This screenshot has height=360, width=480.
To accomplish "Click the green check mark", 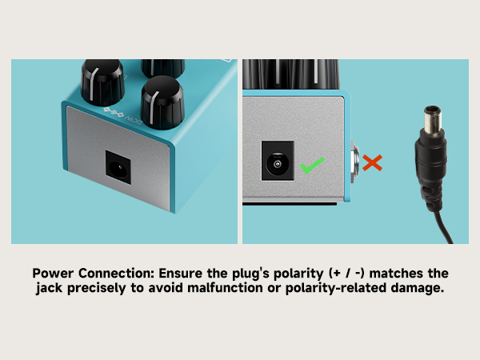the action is click(312, 166).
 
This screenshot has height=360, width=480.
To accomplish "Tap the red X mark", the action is click(372, 162).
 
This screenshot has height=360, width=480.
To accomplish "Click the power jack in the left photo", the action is click(118, 167).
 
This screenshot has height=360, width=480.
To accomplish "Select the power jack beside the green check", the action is click(278, 161).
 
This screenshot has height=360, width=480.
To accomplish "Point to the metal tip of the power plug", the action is click(433, 120).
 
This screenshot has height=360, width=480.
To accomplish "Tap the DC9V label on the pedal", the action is click(133, 119).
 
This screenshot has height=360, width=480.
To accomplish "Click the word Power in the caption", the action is click(53, 273).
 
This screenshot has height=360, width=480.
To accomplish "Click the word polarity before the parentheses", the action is click(298, 274).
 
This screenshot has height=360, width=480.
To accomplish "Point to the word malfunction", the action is click(225, 288).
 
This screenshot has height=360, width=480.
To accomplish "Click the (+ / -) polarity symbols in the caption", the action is click(346, 274).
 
